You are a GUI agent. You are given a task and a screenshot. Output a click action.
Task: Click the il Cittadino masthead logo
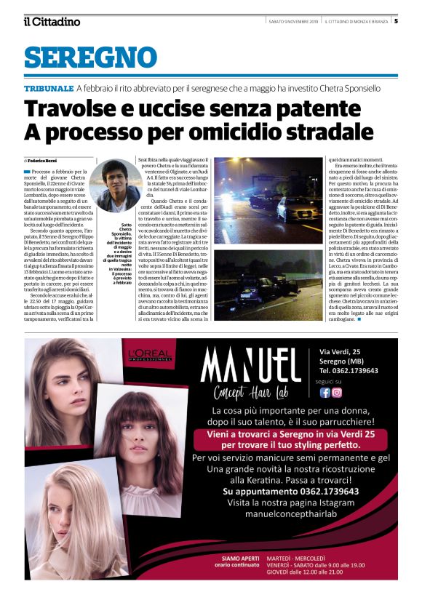[51, 21]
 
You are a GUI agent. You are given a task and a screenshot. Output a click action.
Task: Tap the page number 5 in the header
[396, 21]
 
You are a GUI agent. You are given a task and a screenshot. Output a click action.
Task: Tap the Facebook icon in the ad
[325, 393]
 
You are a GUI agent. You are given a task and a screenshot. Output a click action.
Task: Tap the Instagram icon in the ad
[337, 393]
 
